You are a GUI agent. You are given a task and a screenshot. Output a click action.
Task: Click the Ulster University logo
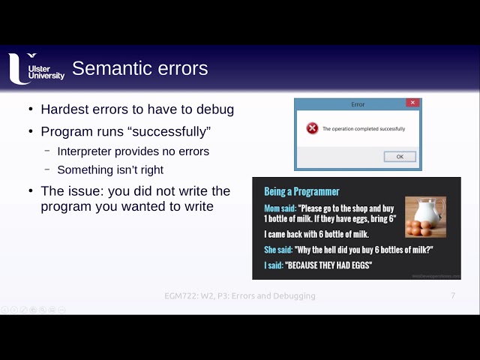pos(35,68)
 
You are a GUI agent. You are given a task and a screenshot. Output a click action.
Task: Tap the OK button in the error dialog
pos(399,157)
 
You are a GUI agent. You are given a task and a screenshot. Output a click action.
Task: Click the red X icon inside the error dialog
pos(312,129)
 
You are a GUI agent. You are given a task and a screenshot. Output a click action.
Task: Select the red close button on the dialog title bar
pos(412,103)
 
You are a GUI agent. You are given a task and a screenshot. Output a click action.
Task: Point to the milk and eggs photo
pos(425,217)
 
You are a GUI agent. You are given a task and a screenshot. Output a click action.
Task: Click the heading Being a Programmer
pos(301,192)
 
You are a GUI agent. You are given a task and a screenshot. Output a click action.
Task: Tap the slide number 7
pos(453,295)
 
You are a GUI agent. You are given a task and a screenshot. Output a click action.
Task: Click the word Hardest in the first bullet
pos(66,109)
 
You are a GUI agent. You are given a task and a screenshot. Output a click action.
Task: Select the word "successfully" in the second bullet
pos(171,132)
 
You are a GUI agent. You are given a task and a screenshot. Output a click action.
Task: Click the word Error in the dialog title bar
pos(358,104)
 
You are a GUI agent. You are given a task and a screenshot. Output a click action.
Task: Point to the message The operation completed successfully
pos(364,129)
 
